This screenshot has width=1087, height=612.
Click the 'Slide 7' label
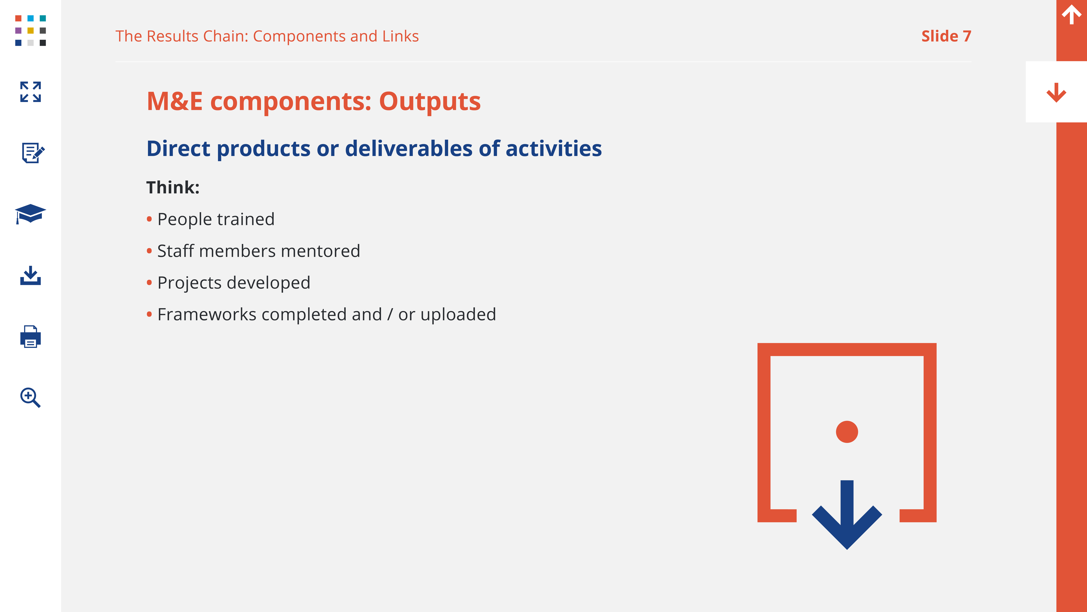pyautogui.click(x=946, y=36)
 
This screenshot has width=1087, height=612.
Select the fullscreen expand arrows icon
pyautogui.click(x=30, y=92)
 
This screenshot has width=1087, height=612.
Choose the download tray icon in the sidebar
pyautogui.click(x=30, y=275)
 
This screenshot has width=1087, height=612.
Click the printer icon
pyautogui.click(x=30, y=337)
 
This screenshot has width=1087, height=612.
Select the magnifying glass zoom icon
pyautogui.click(x=30, y=397)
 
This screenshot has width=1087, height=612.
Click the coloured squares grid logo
pyautogui.click(x=30, y=30)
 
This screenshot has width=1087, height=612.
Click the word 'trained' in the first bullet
pyautogui.click(x=246, y=219)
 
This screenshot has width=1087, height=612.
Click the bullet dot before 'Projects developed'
pyautogui.click(x=149, y=283)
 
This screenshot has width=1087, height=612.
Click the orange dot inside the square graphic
pyautogui.click(x=847, y=432)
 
